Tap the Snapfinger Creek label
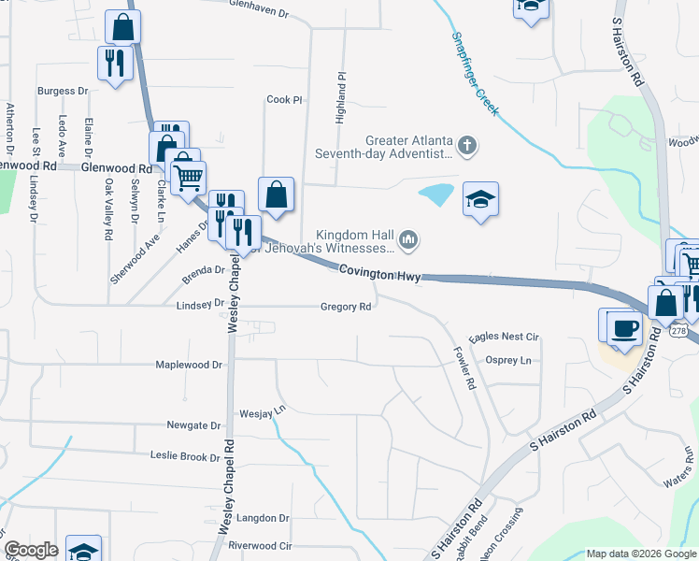pyautogui.click(x=476, y=75)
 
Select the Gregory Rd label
pyautogui.click(x=347, y=306)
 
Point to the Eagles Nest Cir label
pyautogui.click(x=505, y=337)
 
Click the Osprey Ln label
pyautogui.click(x=508, y=360)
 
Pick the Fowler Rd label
pyautogui.click(x=464, y=369)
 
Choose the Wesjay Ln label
pyautogui.click(x=262, y=410)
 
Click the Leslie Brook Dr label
pyautogui.click(x=185, y=456)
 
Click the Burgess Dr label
pyautogui.click(x=63, y=92)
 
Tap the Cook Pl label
pyautogui.click(x=285, y=99)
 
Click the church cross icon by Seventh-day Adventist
pyautogui.click(x=467, y=145)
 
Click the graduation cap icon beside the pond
pyautogui.click(x=480, y=199)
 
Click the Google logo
pyautogui.click(x=31, y=550)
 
